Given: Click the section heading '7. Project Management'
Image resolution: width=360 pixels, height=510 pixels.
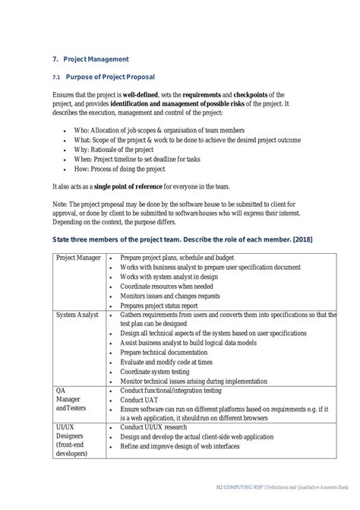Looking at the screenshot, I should [x=90, y=59].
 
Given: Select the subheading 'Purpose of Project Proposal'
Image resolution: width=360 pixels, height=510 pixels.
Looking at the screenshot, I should [x=110, y=77].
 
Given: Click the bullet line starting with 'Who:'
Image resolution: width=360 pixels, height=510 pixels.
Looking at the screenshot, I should [x=155, y=130].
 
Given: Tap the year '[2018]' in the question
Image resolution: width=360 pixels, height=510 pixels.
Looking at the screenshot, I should [x=299, y=241].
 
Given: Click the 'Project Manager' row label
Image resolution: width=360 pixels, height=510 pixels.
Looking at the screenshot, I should [x=79, y=258].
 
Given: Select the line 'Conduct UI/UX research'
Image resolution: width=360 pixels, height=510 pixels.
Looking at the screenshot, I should [x=157, y=429].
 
